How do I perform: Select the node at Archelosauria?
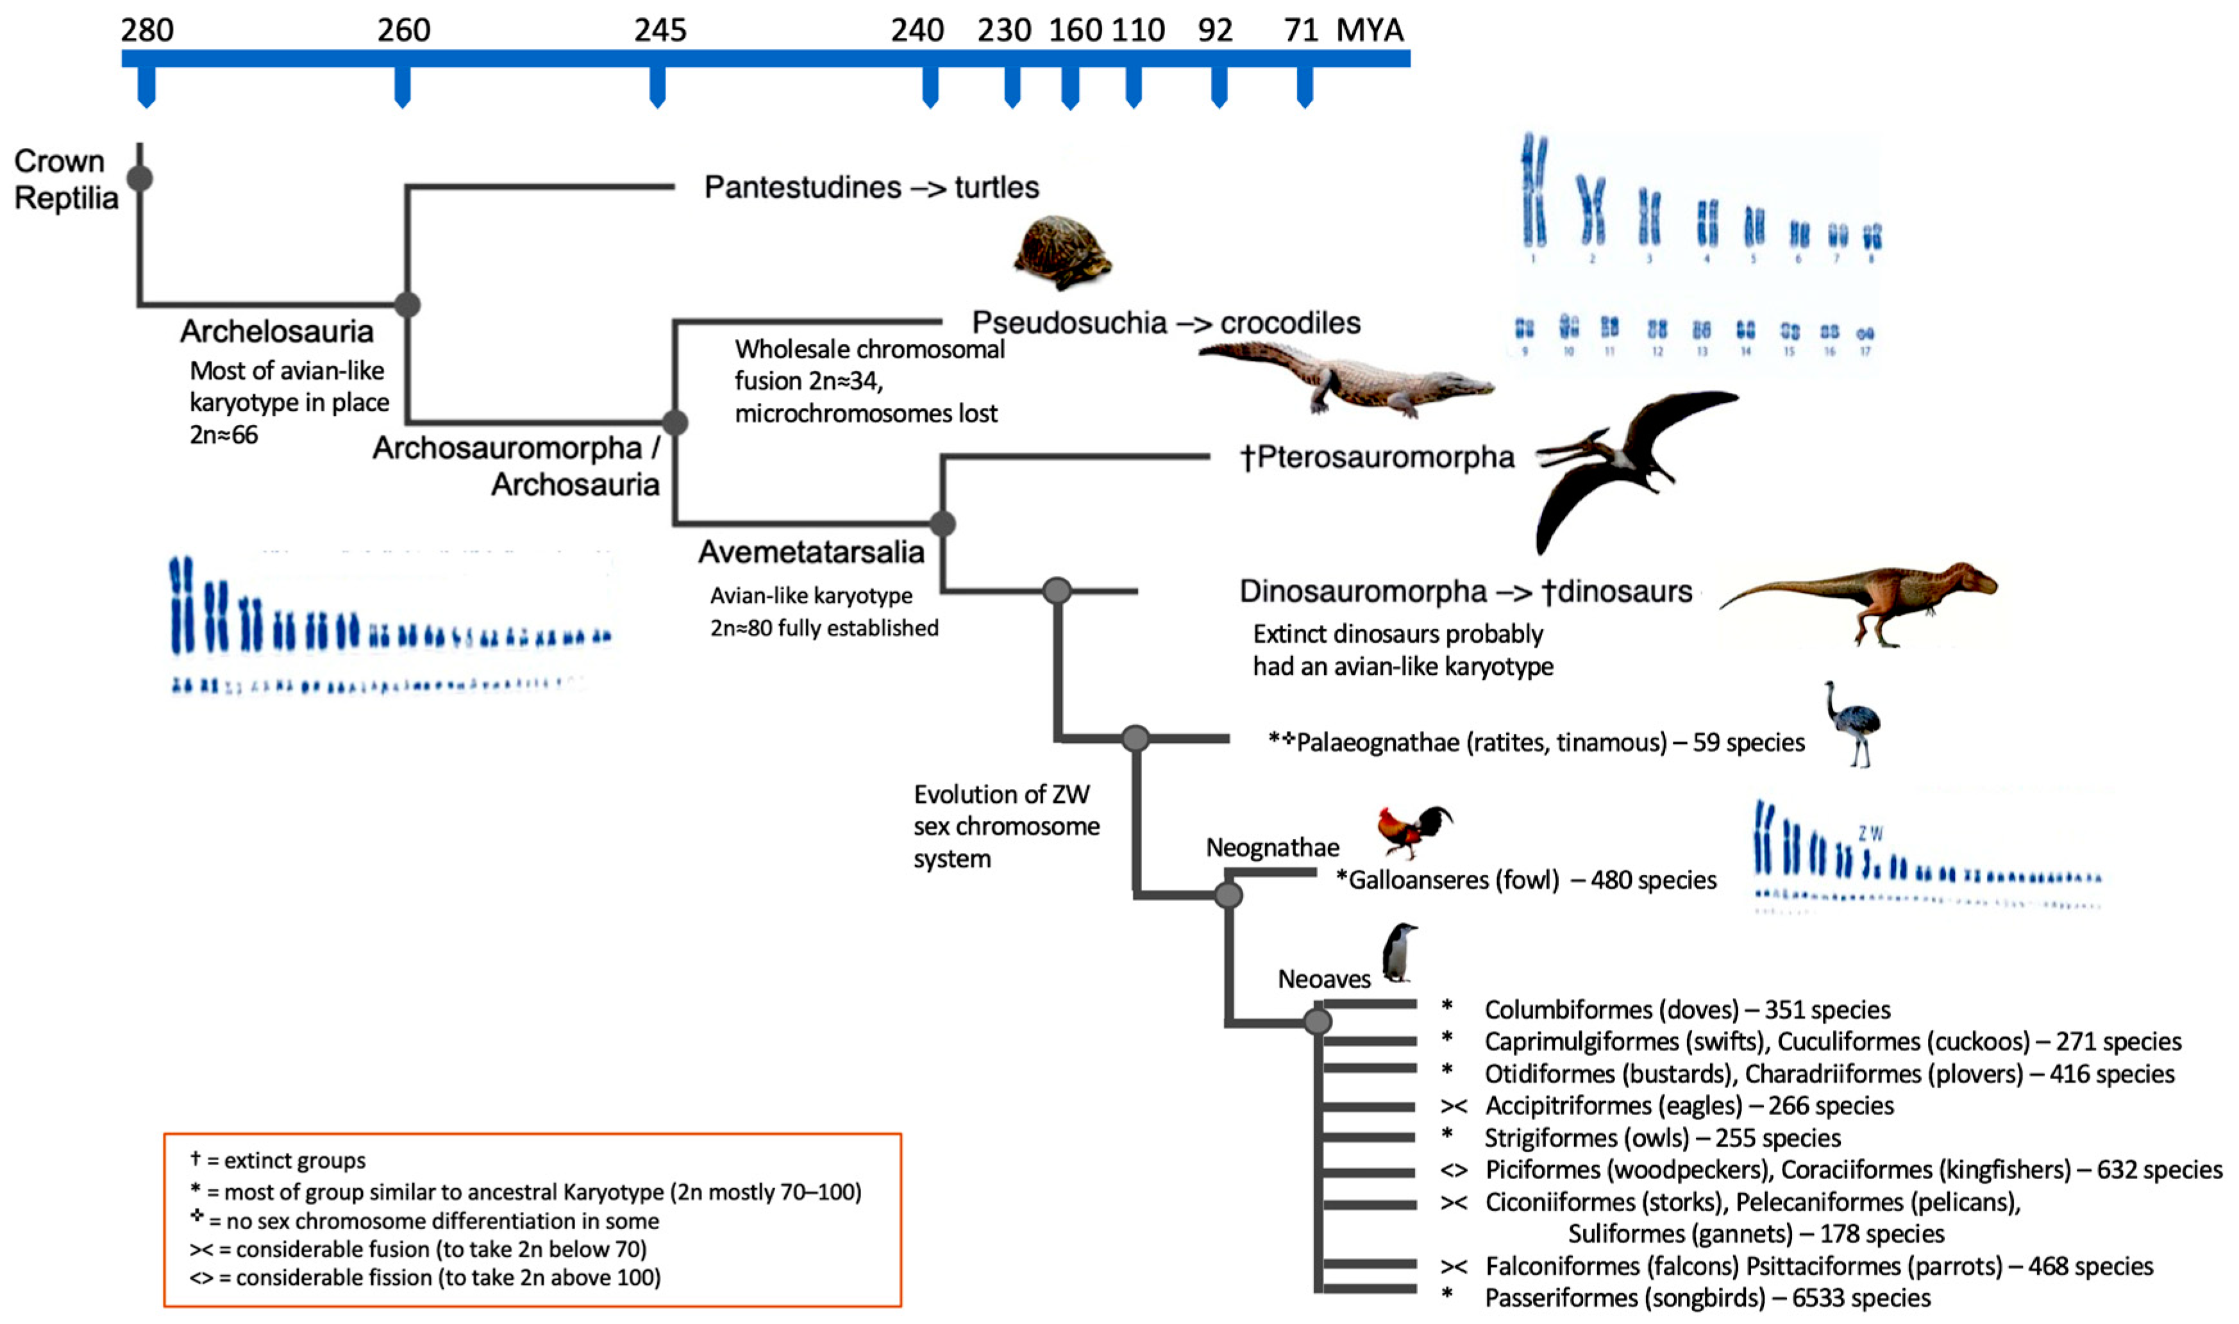point(407,304)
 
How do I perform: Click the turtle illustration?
point(1062,252)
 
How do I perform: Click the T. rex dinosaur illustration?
point(1865,598)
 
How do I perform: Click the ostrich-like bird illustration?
point(1854,723)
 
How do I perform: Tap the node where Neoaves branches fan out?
point(1317,1022)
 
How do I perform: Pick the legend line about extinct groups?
point(278,1160)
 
